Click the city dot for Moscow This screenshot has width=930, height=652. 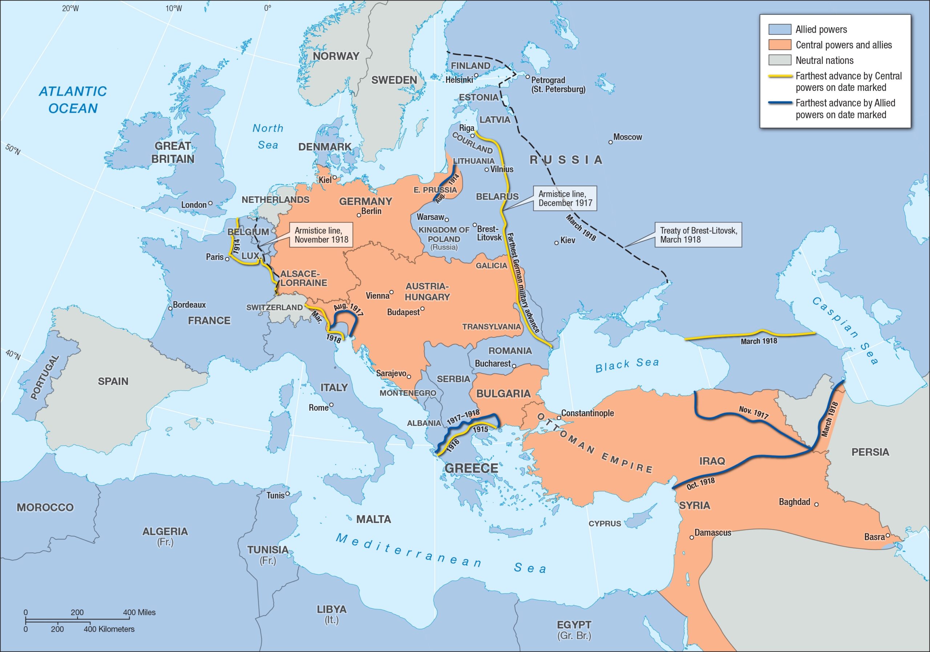(610, 142)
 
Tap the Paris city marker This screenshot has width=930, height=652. (227, 259)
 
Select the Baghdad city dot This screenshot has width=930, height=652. (816, 504)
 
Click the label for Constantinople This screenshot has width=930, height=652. (587, 413)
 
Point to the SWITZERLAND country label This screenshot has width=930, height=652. (274, 307)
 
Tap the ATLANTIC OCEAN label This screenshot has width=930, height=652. (73, 100)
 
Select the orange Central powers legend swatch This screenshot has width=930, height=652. (780, 45)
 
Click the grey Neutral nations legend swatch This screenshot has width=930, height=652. (780, 60)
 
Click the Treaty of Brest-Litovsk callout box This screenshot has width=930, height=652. (698, 235)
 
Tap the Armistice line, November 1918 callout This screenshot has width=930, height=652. (321, 235)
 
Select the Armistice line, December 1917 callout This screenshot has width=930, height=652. (565, 198)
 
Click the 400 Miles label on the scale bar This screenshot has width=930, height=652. (139, 612)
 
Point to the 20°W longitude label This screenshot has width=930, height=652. (70, 8)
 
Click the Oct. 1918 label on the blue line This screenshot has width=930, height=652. (701, 483)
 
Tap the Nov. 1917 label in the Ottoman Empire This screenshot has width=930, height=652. (753, 412)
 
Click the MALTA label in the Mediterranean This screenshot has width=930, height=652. (373, 519)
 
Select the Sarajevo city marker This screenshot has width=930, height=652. (409, 377)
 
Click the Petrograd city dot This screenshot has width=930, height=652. (527, 77)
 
